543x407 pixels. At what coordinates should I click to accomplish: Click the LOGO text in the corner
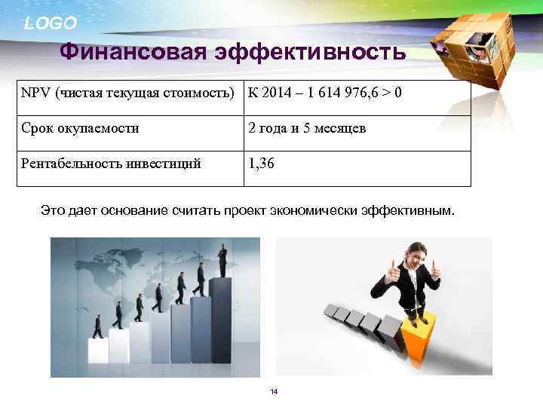click(50, 23)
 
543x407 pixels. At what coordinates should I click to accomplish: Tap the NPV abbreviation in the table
click(33, 93)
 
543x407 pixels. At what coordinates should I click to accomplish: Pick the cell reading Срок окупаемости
click(80, 128)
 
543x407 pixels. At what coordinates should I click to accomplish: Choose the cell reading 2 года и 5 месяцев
click(307, 128)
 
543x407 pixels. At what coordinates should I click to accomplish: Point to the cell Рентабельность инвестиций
click(111, 164)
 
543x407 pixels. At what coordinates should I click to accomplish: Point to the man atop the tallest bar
click(222, 261)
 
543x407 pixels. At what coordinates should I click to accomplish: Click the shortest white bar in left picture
click(98, 351)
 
